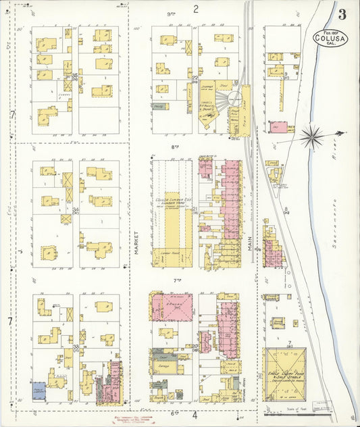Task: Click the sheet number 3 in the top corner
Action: click(x=343, y=14)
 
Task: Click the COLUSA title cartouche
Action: click(x=331, y=38)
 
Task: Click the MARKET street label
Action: click(x=136, y=241)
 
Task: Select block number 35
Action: click(x=75, y=76)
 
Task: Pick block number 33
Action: click(x=76, y=347)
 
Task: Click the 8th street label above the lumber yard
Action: click(x=174, y=146)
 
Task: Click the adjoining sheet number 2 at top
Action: click(x=195, y=9)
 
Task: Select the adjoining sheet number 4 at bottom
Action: click(x=195, y=416)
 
